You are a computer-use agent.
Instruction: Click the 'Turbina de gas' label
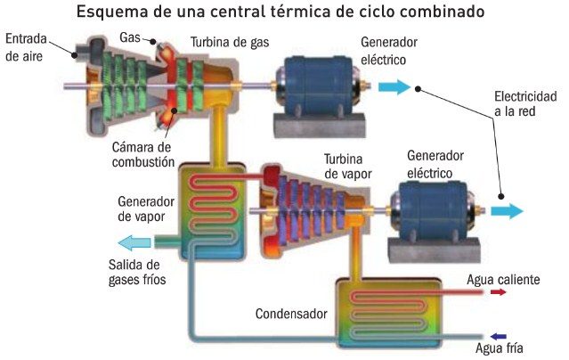230,43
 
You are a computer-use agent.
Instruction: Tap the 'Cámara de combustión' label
143,154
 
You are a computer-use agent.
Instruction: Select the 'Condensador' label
291,314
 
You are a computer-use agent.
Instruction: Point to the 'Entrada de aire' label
26,47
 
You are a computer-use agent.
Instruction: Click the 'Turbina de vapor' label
347,167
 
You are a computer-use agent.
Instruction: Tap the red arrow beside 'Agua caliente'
498,291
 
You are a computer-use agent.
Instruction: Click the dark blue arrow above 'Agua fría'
498,337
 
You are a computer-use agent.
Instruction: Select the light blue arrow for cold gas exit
134,242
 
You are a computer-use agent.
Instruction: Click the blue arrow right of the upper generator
394,87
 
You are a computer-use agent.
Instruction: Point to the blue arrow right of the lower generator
507,211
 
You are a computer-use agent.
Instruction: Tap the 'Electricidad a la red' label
525,104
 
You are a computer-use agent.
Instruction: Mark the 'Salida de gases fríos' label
137,272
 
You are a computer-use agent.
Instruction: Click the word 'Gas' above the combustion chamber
130,37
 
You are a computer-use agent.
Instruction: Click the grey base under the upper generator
320,126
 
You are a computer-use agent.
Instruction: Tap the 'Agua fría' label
500,348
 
